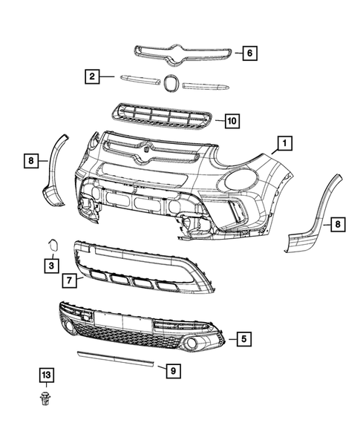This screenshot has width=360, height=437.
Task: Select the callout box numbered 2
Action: coord(91,76)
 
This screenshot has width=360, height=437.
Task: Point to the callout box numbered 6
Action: coord(249,53)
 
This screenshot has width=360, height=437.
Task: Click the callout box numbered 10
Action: coord(232,119)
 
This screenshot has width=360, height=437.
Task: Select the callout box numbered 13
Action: coord(46,376)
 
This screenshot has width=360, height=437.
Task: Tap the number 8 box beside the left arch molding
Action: coord(31,159)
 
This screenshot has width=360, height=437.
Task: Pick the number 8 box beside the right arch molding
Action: coord(336,223)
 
